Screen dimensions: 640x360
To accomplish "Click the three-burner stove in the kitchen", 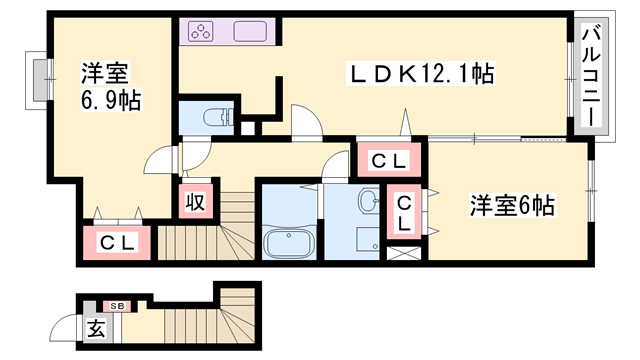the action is [x=199, y=31].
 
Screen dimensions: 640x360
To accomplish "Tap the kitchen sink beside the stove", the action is [x=250, y=31].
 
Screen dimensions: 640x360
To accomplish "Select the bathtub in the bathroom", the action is [x=288, y=242].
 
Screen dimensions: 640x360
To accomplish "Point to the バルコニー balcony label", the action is [x=590, y=76].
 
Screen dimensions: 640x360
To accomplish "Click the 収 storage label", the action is [x=194, y=201].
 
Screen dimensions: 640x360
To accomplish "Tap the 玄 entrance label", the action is [x=95, y=328].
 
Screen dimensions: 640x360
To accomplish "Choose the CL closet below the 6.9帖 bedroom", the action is [x=117, y=241].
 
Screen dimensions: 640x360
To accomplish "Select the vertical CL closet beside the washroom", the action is [x=404, y=213].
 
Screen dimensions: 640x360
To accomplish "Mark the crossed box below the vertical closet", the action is [x=404, y=252].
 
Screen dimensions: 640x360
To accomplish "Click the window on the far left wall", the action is [x=39, y=79].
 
